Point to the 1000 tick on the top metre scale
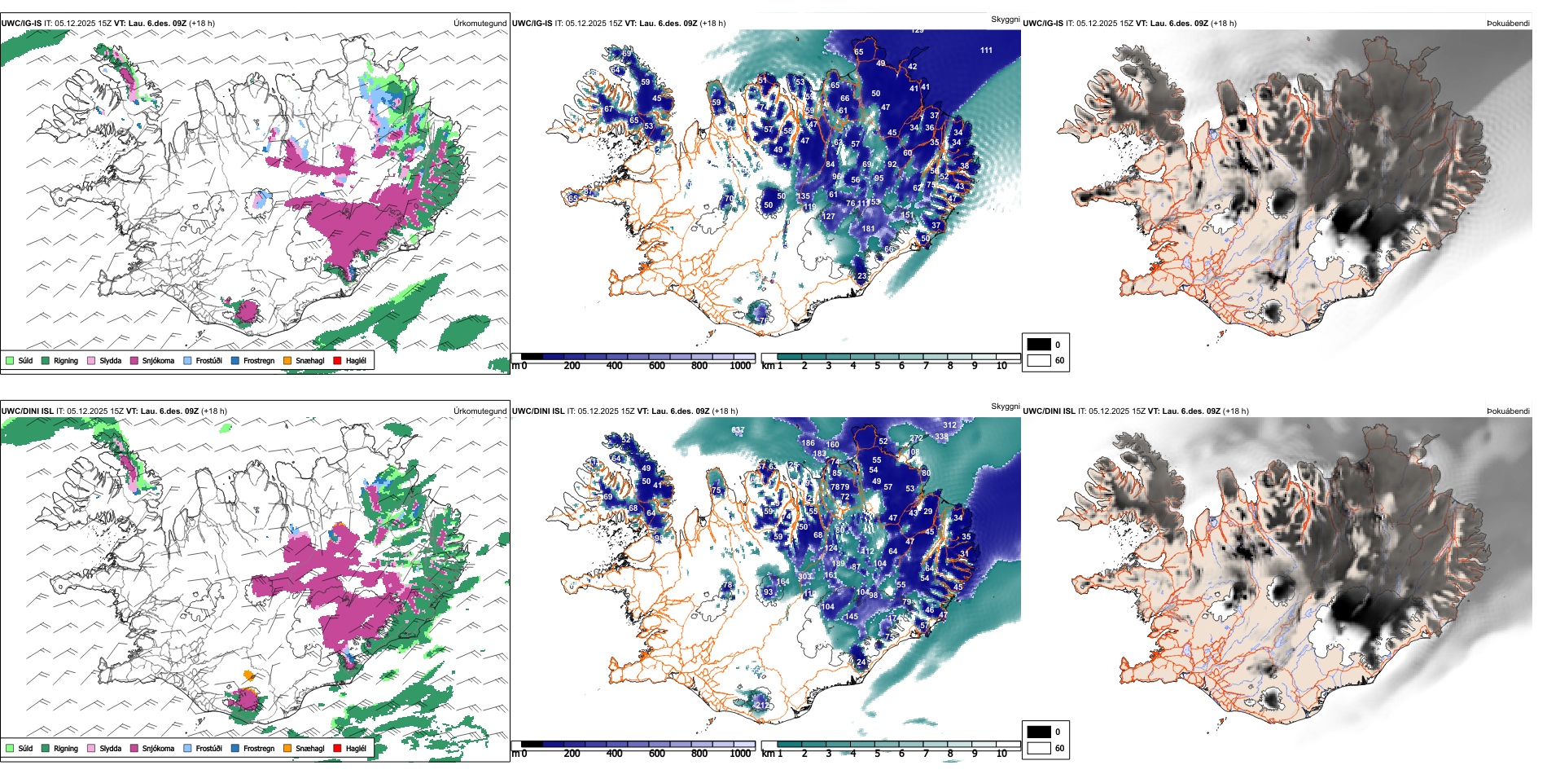(x=740, y=366)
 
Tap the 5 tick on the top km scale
(x=877, y=366)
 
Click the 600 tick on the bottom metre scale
(x=656, y=754)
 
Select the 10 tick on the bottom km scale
(x=1001, y=754)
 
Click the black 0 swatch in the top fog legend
(x=1039, y=345)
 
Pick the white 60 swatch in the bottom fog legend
(x=1039, y=747)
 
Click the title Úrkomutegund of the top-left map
(x=480, y=24)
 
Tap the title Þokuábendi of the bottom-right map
(x=1508, y=411)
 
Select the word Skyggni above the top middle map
(x=1005, y=20)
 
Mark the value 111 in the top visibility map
(x=986, y=51)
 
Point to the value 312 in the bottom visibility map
(x=949, y=425)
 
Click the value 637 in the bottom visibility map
(x=738, y=430)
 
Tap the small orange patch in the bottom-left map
(x=249, y=675)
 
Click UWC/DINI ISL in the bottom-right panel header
(x=1049, y=411)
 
